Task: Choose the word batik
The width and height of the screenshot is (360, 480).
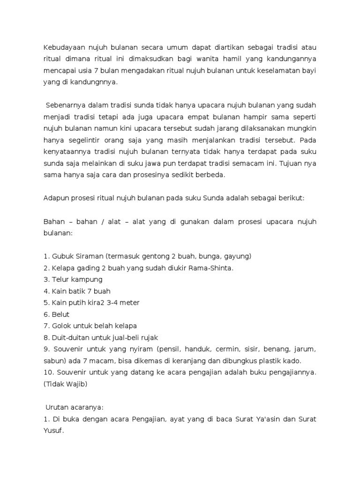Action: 77,291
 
